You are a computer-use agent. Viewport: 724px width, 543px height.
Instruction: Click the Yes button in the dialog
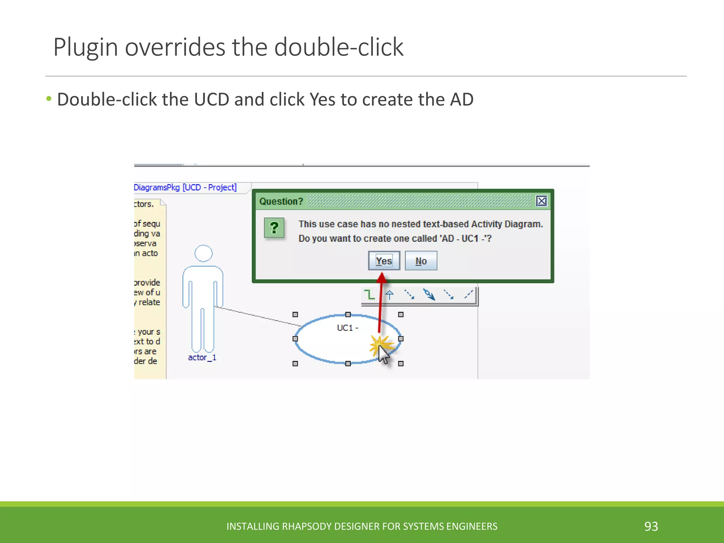[x=384, y=261]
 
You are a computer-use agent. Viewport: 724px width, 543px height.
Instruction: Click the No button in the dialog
[x=421, y=261]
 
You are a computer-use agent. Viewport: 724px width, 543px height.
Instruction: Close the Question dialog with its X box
[x=541, y=201]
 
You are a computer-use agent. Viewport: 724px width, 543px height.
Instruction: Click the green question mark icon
[x=274, y=228]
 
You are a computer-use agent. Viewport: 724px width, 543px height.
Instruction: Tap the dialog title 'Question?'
[x=281, y=202]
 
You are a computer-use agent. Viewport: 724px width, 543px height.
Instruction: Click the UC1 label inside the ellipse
[x=347, y=328]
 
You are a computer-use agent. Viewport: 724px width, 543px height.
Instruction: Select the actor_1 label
[x=202, y=357]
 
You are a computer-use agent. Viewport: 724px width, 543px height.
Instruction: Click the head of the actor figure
[x=204, y=253]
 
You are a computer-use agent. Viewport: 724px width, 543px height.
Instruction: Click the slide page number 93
[x=651, y=526]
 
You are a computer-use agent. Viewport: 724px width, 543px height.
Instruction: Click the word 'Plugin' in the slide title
[x=86, y=47]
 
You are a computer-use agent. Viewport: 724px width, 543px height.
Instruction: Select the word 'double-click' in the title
[x=339, y=47]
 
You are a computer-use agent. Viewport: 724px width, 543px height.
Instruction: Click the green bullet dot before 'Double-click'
[x=49, y=99]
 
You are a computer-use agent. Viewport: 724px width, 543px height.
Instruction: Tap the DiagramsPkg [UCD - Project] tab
[x=185, y=187]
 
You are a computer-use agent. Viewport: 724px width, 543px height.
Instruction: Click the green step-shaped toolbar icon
[x=369, y=294]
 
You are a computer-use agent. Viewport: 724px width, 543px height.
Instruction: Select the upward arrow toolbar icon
[x=390, y=294]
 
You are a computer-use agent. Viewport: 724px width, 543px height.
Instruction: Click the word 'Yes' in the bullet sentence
[x=322, y=99]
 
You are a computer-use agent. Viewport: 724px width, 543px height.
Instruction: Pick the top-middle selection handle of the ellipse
[x=348, y=314]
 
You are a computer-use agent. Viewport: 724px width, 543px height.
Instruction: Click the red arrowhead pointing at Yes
[x=381, y=278]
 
